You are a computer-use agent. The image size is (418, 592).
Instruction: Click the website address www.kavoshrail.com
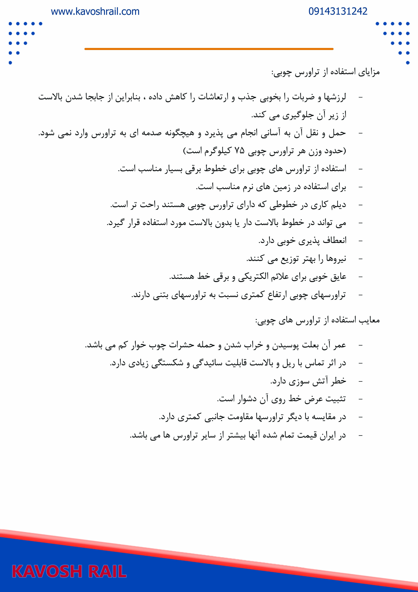(95, 12)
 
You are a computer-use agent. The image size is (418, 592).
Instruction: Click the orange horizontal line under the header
(209, 49)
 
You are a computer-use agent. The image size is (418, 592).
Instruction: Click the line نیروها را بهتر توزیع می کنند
(296, 259)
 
